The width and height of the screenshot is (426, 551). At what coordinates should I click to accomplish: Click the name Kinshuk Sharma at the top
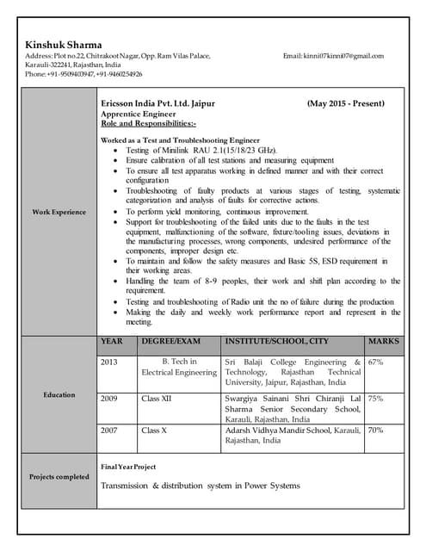pos(64,45)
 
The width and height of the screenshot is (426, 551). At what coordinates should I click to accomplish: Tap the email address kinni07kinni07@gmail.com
pos(333,57)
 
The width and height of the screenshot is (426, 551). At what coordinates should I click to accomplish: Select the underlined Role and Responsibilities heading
pos(149,123)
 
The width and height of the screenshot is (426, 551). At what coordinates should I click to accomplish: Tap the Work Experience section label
pos(59,212)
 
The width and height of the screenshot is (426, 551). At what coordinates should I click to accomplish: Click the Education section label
pos(59,394)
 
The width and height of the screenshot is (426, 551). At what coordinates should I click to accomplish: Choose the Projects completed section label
pos(59,476)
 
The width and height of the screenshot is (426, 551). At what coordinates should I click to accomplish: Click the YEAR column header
pos(112,342)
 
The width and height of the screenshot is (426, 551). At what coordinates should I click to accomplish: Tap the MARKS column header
pos(384,342)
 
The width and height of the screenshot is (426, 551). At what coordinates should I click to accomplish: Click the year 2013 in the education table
pos(109,362)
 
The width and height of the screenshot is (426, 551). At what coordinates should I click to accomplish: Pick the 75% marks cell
pos(375,399)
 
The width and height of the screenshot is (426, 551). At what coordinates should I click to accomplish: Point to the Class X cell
pos(154,430)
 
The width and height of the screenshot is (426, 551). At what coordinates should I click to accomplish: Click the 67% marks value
pos(375,362)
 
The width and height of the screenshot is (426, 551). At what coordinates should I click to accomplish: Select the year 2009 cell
pos(109,399)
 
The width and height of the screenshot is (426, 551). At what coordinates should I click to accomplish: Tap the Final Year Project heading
pos(128,467)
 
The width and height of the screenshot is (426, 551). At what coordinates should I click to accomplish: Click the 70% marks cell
pos(375,430)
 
